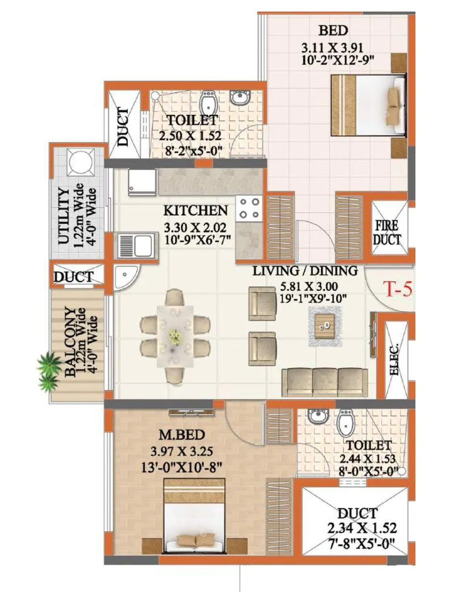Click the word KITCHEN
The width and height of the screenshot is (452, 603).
pyautogui.click(x=195, y=211)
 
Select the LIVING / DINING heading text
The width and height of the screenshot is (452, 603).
pyautogui.click(x=305, y=271)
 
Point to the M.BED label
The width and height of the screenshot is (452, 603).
pyautogui.click(x=182, y=435)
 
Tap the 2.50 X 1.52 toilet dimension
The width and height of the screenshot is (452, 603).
pyautogui.click(x=190, y=136)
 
